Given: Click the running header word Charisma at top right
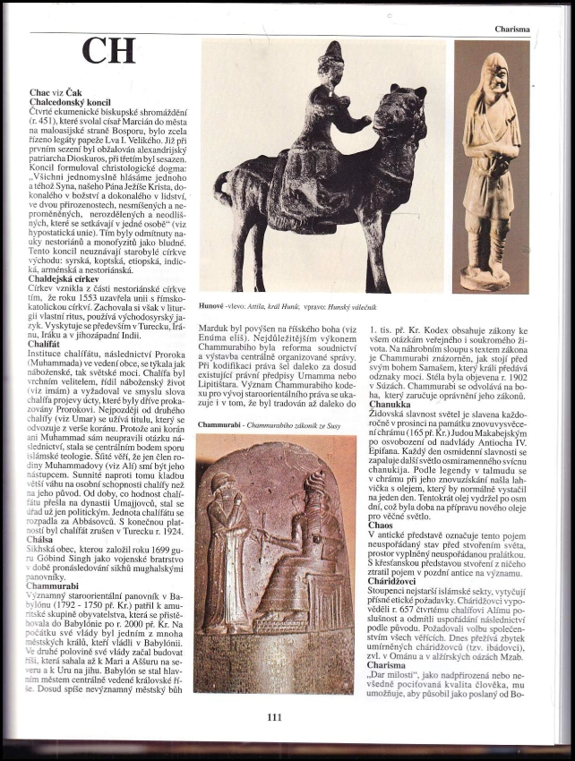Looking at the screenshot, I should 511,29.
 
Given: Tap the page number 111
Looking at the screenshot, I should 274,715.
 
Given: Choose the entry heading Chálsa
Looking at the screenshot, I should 41,541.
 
